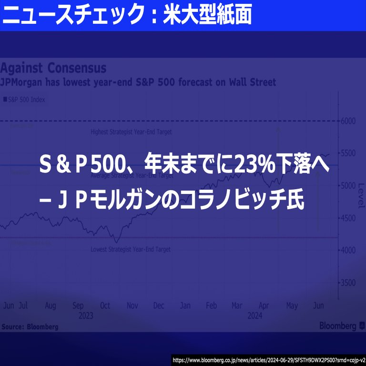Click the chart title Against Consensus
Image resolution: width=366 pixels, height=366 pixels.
[53, 68]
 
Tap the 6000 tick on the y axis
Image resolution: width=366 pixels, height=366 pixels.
[348, 121]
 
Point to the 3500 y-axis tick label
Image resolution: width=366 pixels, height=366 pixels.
[348, 283]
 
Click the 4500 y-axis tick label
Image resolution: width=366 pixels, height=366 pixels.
[348, 218]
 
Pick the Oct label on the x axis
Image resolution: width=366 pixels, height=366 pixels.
[105, 305]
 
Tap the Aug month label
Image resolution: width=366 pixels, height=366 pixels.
[50, 305]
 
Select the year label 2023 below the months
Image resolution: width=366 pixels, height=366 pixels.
[85, 315]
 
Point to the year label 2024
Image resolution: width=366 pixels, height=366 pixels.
[254, 315]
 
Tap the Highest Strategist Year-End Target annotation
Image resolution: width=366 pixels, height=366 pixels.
[131, 132]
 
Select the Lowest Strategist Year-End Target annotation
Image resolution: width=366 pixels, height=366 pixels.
[130, 249]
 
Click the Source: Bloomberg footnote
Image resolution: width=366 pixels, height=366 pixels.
[30, 327]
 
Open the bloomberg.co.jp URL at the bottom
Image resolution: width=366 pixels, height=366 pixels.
[268, 360]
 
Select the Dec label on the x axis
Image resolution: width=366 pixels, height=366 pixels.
[159, 305]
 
